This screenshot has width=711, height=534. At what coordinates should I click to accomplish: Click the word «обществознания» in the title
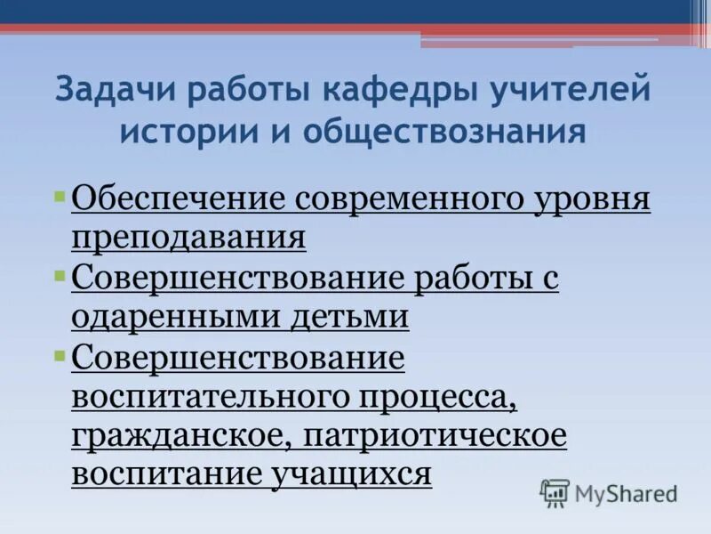pyautogui.click(x=444, y=132)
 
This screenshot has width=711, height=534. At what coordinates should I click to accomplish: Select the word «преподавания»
pyautogui.click(x=188, y=238)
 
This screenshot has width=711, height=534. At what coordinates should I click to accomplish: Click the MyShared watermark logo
pyautogui.click(x=609, y=492)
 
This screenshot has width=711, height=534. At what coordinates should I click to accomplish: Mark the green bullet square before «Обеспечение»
pyautogui.click(x=60, y=194)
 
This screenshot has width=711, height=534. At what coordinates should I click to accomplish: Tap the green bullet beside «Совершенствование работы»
pyautogui.click(x=60, y=273)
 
